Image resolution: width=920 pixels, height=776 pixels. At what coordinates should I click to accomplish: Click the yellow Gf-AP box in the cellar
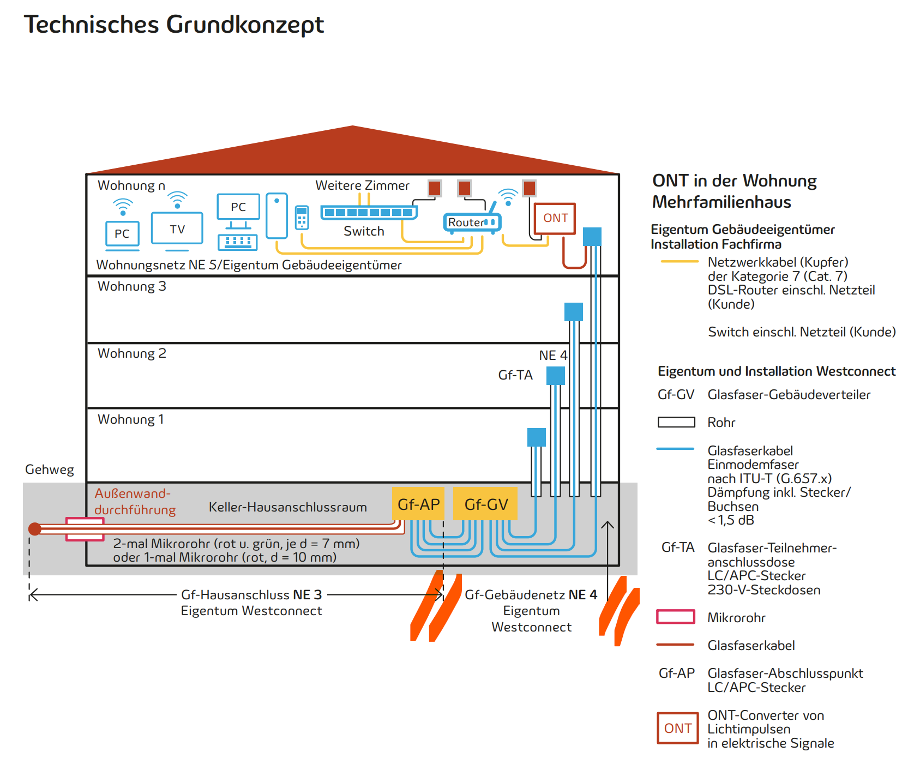418,504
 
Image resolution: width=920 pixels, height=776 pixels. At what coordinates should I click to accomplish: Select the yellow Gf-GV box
485,504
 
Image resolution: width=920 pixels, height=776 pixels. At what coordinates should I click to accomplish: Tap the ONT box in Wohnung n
555,218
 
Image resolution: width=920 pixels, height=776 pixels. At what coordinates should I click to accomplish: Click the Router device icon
472,222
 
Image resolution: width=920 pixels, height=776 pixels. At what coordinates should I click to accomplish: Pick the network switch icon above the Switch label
369,212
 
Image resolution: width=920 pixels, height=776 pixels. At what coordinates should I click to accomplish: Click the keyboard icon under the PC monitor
238,242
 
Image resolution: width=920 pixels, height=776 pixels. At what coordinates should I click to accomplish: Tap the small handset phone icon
302,217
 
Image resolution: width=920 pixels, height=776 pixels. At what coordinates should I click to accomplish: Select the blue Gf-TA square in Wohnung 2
556,376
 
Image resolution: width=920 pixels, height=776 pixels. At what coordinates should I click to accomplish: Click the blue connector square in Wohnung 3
574,312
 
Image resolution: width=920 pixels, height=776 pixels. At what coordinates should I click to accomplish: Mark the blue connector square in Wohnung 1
537,437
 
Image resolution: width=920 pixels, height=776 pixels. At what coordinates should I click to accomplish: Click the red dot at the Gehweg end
35,528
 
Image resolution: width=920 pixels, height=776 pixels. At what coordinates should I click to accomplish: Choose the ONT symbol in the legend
678,728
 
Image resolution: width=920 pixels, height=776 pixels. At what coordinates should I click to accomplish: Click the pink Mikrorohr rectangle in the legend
676,617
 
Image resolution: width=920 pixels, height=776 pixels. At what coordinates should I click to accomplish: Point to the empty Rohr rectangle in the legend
676,422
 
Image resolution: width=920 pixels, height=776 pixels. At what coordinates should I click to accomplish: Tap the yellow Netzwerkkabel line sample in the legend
680,262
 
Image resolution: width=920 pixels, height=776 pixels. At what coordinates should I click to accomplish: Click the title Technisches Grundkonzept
174,25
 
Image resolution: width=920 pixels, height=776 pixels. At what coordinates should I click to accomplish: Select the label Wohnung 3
131,287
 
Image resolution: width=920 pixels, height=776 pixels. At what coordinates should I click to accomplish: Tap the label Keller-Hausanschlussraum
287,507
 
